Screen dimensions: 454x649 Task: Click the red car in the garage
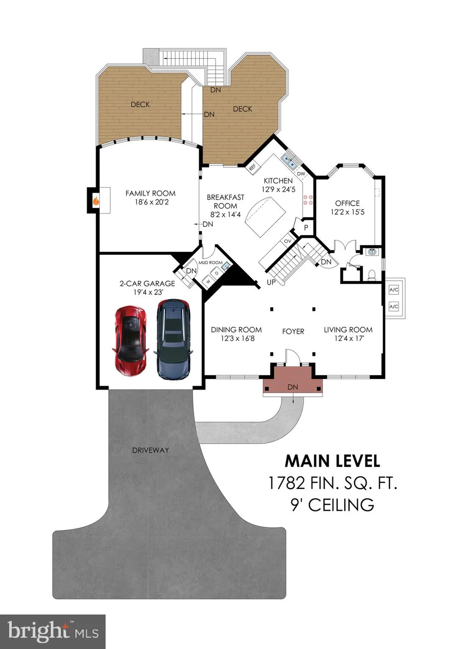pos(131,341)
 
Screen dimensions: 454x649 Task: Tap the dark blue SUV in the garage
pos(173,339)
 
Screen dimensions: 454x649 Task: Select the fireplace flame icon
pos(96,200)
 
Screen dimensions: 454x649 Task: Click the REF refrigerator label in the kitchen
pos(252,167)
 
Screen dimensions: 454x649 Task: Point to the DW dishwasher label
pos(301,174)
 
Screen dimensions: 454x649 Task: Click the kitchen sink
pos(289,161)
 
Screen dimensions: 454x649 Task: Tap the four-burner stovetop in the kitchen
pos(308,199)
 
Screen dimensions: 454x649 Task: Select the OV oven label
pos(287,241)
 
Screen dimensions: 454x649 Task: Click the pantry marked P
pos(306,228)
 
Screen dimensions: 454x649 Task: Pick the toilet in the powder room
pos(372,275)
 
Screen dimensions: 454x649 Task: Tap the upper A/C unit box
pos(394,290)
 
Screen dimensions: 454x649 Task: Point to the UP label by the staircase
pos(271,282)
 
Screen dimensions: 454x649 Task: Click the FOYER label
pos(293,332)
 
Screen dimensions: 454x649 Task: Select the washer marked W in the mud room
pos(208,281)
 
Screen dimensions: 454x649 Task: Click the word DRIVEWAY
pos(150,450)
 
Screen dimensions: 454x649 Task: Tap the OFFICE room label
pos(348,203)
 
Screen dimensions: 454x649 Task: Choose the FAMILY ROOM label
pos(150,193)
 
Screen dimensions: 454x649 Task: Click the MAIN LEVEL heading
pos(333,461)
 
